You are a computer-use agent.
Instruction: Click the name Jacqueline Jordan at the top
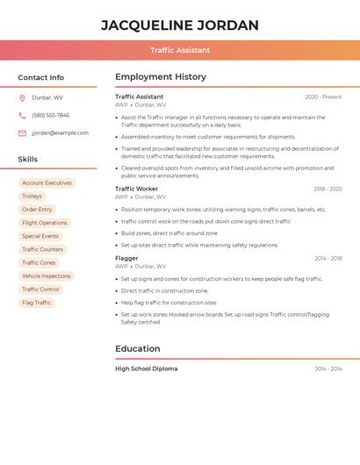[180, 25]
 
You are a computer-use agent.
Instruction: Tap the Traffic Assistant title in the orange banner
[180, 50]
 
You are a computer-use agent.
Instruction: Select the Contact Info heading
[40, 77]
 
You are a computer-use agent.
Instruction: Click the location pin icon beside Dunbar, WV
[22, 97]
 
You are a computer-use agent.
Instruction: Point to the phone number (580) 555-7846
[50, 115]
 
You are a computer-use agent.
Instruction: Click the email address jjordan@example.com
[60, 132]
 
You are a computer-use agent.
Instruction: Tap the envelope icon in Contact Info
[22, 132]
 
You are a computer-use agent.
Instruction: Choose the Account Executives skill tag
[47, 182]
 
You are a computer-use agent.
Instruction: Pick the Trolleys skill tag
[32, 196]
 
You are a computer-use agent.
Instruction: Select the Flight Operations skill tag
[44, 223]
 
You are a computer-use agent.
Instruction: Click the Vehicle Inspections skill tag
[46, 275]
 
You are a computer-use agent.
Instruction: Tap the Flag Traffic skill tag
[36, 303]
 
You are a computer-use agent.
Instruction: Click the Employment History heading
[161, 77]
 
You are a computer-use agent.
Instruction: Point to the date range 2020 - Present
[323, 97]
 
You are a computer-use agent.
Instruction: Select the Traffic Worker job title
[136, 189]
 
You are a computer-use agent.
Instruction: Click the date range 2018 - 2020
[328, 189]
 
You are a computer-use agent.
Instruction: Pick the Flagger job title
[126, 258]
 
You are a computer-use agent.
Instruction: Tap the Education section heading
[137, 348]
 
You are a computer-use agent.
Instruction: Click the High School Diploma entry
[146, 368]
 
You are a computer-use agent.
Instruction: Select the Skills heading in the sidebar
[28, 159]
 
